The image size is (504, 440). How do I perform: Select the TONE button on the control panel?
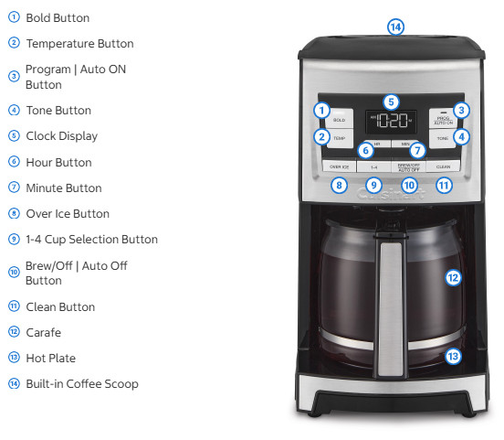442,139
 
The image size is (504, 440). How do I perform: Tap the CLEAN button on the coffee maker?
443,167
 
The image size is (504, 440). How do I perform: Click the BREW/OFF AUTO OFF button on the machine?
408,167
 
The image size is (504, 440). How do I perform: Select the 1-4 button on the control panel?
373,167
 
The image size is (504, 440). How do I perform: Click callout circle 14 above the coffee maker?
394,27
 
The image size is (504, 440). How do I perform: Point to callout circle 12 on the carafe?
453,276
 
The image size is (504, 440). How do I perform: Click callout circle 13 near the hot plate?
453,357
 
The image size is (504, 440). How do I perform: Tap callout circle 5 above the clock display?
391,102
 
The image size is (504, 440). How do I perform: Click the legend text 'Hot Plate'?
51,359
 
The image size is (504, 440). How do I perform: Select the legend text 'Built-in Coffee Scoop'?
82,384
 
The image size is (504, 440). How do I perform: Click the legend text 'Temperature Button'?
79,44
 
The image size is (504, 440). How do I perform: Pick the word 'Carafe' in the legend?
44,333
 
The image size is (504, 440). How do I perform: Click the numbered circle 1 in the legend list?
14,17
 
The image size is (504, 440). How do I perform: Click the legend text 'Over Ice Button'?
68,214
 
